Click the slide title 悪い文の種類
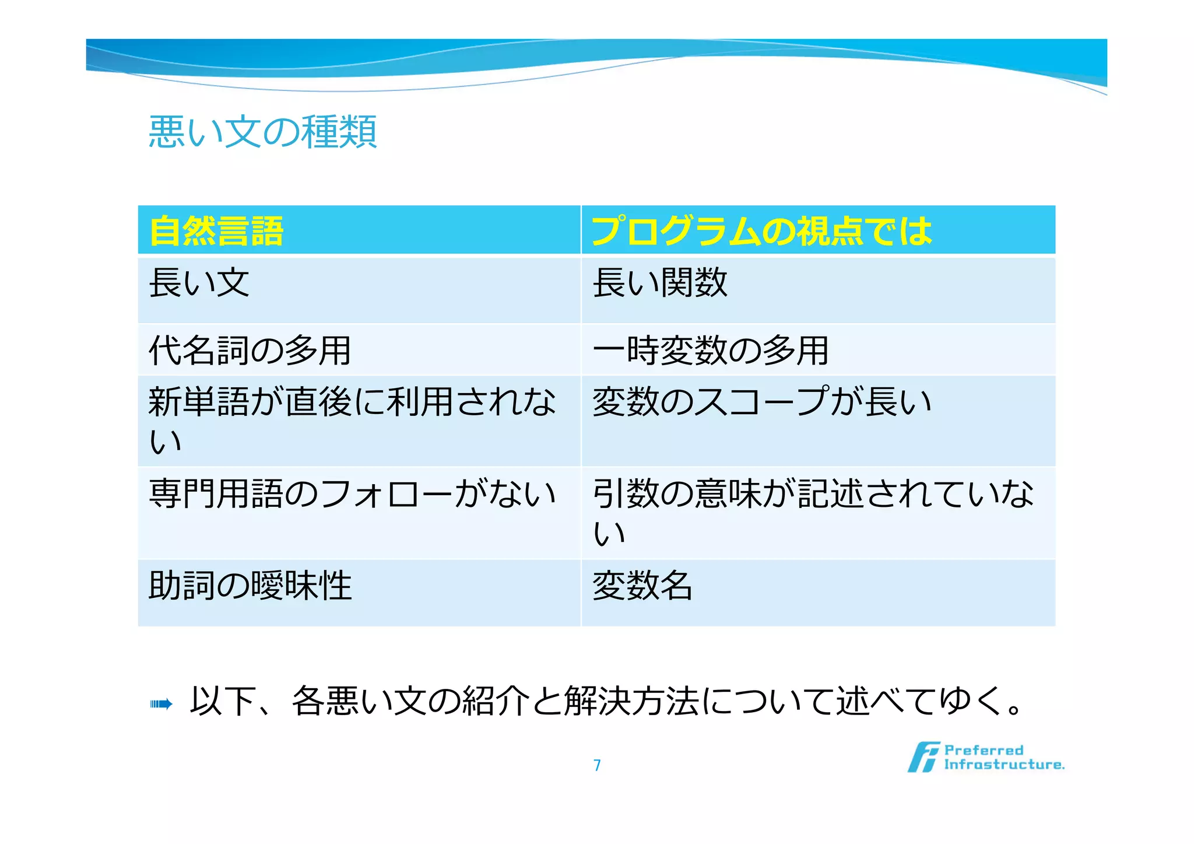[262, 132]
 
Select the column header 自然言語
[216, 231]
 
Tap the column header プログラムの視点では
[761, 231]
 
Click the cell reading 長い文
[199, 283]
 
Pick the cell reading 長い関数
[660, 283]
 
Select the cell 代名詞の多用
[250, 351]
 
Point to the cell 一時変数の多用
[710, 351]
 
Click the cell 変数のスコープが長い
[761, 402]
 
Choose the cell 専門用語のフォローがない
[352, 494]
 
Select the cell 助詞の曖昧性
[250, 586]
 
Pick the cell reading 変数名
[642, 586]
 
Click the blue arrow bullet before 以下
[161, 704]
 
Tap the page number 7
[597, 765]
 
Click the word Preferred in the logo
[984, 750]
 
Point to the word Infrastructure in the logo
[1004, 765]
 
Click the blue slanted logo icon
[923, 757]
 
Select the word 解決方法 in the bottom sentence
[631, 701]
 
